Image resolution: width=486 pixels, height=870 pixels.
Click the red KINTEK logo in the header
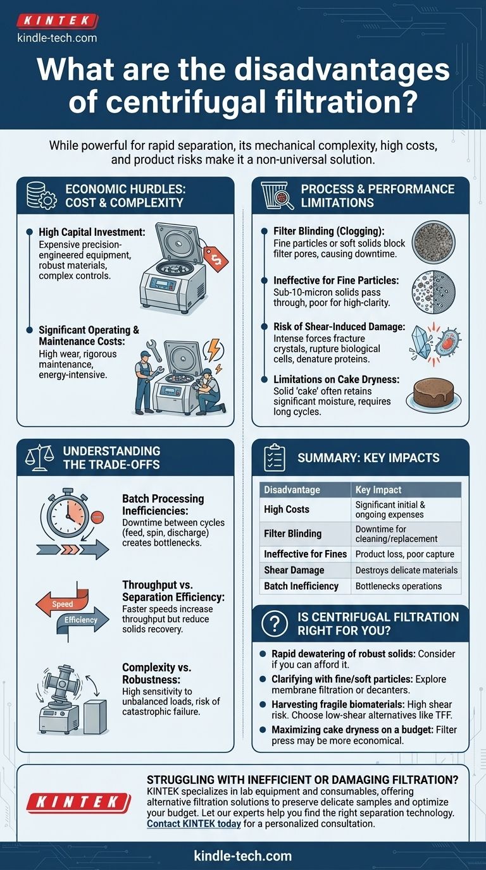point(58,21)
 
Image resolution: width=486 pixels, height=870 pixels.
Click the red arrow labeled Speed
point(62,603)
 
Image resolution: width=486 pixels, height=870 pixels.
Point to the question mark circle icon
point(275,624)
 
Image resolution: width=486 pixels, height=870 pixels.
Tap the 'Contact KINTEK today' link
point(194,823)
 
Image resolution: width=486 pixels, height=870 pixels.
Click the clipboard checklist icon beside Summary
point(274,457)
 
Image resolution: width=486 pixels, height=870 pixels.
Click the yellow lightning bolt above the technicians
point(213,349)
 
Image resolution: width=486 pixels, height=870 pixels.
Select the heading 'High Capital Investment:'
point(92,232)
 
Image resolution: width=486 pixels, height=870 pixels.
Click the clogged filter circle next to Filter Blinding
point(433,242)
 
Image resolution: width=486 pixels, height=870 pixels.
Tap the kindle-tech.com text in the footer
point(242,855)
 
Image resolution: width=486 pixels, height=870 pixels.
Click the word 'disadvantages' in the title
point(341,69)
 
